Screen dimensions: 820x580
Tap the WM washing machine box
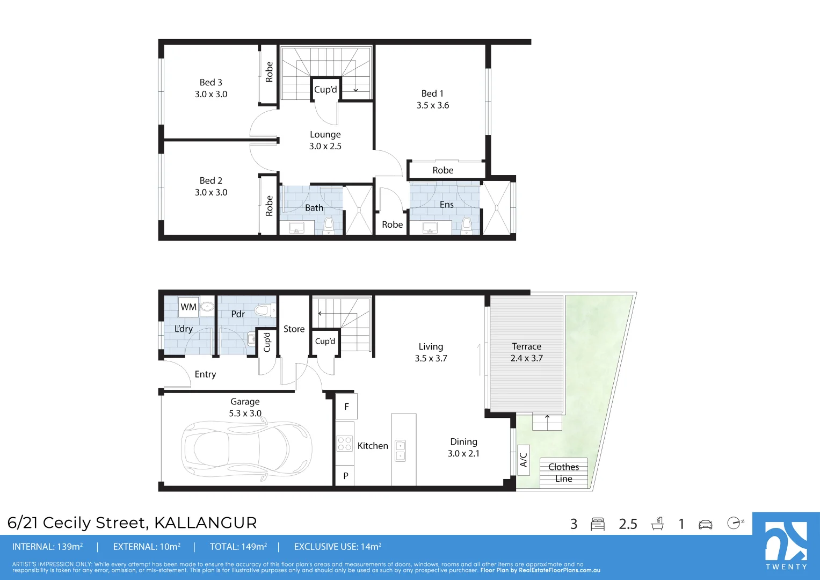(188, 307)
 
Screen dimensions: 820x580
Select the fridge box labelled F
(346, 406)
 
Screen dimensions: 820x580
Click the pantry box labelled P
(345, 476)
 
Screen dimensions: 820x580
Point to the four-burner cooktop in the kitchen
(344, 443)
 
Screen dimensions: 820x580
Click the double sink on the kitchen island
(401, 451)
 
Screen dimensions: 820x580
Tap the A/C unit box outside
(524, 460)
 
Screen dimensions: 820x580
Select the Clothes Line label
(563, 473)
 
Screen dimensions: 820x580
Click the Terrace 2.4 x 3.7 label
(526, 352)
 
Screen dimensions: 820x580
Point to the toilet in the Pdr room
(265, 311)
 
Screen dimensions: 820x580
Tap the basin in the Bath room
(296, 228)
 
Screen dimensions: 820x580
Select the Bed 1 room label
(432, 99)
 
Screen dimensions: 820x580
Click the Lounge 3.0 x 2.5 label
(325, 140)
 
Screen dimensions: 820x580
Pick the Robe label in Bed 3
(269, 72)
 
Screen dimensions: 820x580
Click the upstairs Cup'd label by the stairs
(325, 89)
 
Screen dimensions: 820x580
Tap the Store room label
(294, 329)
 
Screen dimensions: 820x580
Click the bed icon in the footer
(598, 524)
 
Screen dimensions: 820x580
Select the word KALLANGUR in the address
(205, 523)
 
